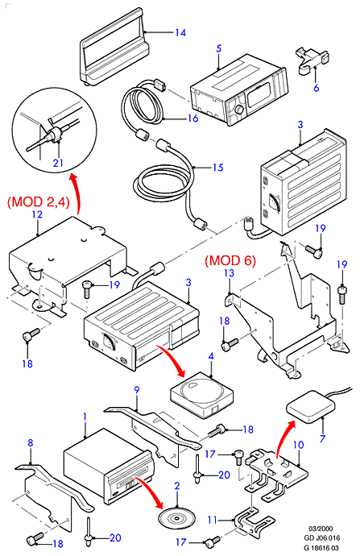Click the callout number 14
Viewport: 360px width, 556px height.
tap(180, 32)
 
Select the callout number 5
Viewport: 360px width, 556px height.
tap(218, 48)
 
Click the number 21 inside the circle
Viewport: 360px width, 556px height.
tap(58, 163)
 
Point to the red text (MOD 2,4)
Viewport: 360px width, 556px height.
tap(39, 201)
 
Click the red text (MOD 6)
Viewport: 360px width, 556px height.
tap(230, 260)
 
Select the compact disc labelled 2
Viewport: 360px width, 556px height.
tap(177, 519)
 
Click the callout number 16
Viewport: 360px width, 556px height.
tap(192, 118)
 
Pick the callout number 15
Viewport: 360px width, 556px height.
tap(218, 167)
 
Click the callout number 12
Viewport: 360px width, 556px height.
tap(37, 214)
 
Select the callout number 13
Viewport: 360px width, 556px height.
tap(230, 273)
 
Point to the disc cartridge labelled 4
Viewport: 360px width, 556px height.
tap(202, 392)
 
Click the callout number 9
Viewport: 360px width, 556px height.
tap(137, 390)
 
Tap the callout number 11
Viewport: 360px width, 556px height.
tap(212, 521)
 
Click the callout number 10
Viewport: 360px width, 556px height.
tap(299, 445)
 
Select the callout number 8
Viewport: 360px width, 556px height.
tap(31, 443)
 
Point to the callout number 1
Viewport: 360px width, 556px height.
tap(85, 417)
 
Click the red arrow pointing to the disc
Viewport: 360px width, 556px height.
tap(151, 491)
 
